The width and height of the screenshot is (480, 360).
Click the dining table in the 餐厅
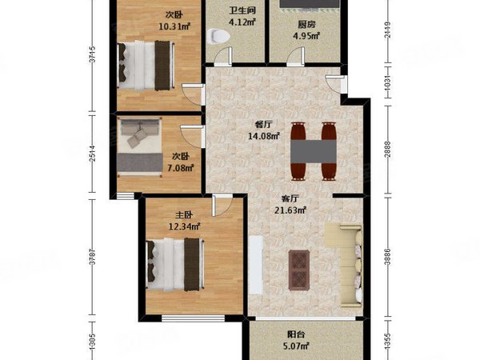pyautogui.click(x=313, y=150)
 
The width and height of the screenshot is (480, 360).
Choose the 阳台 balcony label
pyautogui.click(x=298, y=336)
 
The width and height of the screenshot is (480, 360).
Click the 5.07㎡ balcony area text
pyautogui.click(x=299, y=347)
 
